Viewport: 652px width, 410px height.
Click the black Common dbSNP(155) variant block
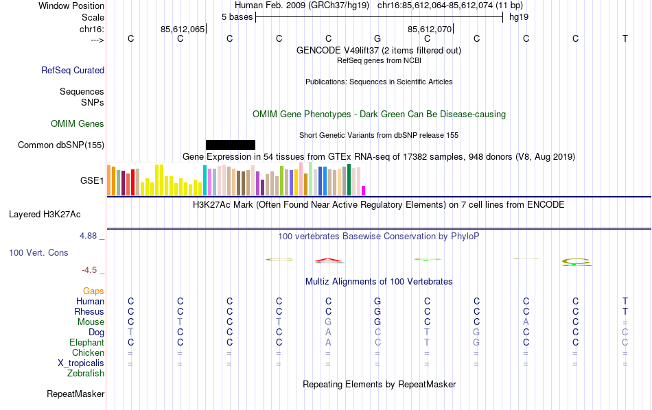pos(231,145)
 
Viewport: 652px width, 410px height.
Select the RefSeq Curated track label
pos(73,70)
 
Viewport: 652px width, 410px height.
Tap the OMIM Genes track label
pos(78,124)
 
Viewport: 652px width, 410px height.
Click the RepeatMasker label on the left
pos(75,394)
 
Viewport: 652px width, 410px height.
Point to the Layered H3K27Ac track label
pos(56,214)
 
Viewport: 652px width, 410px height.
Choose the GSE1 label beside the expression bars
pos(92,181)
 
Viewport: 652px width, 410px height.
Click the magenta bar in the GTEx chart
pos(364,191)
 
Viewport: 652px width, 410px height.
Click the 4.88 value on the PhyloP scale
pos(89,236)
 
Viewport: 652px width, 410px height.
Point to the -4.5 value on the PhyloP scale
pos(91,270)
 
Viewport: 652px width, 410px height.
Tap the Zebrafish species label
pos(86,374)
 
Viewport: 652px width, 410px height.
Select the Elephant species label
pos(86,343)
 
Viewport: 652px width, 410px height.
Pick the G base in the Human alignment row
pos(377,302)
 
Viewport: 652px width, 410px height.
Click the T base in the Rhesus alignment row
pos(625,312)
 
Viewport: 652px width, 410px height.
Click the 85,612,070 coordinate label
pos(430,29)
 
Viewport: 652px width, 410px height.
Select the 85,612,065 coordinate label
pos(183,29)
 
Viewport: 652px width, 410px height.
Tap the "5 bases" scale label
pos(237,16)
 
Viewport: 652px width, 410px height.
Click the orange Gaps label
pos(93,291)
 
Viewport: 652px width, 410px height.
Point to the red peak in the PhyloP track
pos(329,260)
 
